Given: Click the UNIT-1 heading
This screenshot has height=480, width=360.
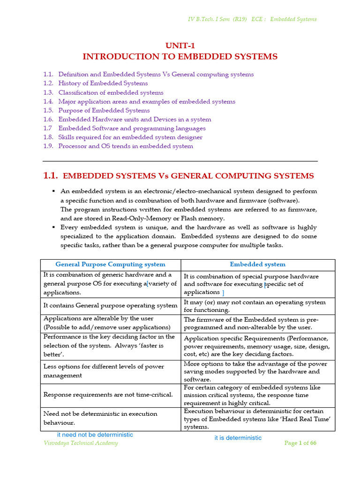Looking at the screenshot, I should [x=180, y=45].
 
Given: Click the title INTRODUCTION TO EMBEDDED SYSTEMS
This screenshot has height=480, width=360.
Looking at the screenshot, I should [x=180, y=57].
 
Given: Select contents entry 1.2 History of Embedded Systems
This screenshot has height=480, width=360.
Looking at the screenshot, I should [x=103, y=83].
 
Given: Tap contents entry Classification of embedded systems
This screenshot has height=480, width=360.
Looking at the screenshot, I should [x=111, y=92].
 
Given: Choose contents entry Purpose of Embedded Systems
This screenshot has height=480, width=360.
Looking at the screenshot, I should [x=104, y=110].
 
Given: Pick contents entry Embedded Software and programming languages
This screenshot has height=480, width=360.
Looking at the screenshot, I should [x=132, y=128].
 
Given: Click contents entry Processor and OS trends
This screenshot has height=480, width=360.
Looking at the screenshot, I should [x=125, y=146].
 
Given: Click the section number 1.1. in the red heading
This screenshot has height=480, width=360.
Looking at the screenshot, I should [x=51, y=176].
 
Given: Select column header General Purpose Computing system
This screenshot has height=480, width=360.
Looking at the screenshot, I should [x=110, y=264].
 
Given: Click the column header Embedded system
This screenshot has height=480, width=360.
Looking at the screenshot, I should [x=257, y=264].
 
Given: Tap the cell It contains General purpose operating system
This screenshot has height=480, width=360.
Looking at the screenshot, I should [x=110, y=306].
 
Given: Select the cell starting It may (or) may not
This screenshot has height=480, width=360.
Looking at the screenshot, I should [x=255, y=306].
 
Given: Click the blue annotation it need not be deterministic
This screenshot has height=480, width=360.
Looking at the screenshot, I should [x=95, y=435].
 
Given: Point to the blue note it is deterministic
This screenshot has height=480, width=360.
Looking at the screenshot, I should [x=238, y=438].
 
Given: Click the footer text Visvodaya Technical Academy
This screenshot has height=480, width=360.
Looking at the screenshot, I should [x=81, y=443].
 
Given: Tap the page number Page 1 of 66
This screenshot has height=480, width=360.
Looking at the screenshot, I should [x=300, y=443].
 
